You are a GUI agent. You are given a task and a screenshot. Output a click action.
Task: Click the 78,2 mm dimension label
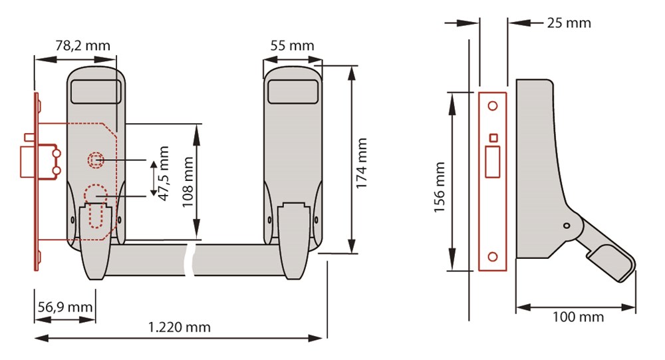[x=82, y=45]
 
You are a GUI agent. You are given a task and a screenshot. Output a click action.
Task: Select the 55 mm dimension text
[x=292, y=45]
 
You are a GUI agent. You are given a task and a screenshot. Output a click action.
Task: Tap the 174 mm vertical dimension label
[x=361, y=163]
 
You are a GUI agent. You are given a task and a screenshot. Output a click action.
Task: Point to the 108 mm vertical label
[x=188, y=182]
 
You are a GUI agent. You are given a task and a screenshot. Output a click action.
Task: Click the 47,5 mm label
[x=164, y=173]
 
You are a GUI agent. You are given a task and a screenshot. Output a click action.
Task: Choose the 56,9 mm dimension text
[x=65, y=307]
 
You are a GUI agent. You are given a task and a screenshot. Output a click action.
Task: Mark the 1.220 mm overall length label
[x=179, y=327]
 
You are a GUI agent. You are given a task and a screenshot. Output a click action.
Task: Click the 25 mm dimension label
[x=569, y=23]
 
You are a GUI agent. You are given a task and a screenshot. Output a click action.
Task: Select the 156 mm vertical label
[x=440, y=187]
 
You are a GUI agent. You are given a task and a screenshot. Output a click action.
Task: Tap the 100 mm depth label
[x=578, y=317]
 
